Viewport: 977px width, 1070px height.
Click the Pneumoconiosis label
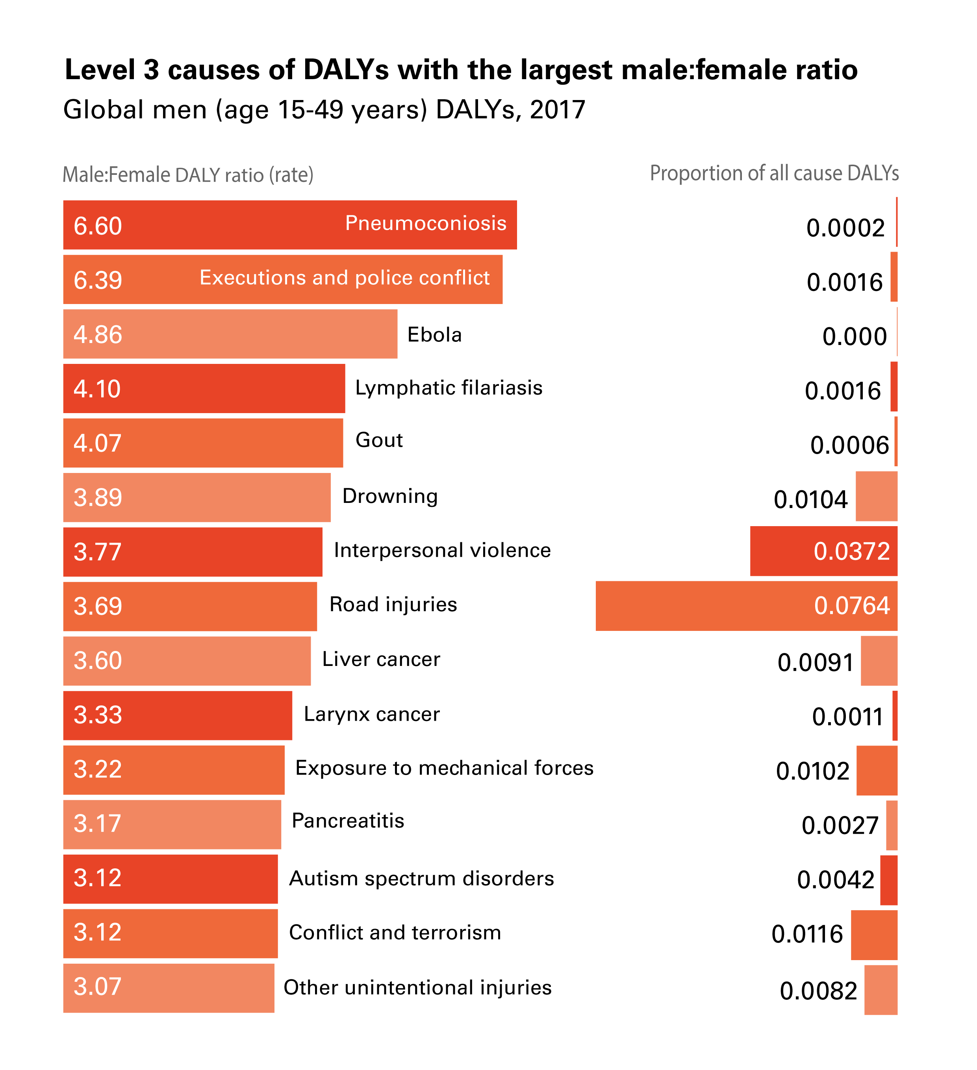[426, 223]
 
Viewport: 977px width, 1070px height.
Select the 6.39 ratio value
[98, 280]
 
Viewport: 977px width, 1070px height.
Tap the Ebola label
[434, 335]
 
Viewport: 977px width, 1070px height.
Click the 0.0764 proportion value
[851, 606]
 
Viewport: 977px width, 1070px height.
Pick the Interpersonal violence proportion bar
[780, 551]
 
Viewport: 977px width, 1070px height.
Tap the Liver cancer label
[381, 659]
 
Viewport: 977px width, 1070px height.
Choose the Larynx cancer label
[371, 714]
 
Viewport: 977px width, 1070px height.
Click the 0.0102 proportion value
[812, 771]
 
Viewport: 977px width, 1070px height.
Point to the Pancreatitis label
[348, 821]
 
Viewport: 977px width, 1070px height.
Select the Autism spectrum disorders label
[421, 878]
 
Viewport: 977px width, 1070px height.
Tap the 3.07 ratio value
[98, 987]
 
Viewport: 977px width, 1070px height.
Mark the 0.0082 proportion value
[818, 991]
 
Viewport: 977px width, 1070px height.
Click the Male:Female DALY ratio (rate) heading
[188, 174]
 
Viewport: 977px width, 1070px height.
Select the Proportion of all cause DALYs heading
[774, 173]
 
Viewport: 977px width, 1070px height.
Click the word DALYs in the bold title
[346, 70]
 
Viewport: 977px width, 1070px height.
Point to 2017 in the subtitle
[557, 110]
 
